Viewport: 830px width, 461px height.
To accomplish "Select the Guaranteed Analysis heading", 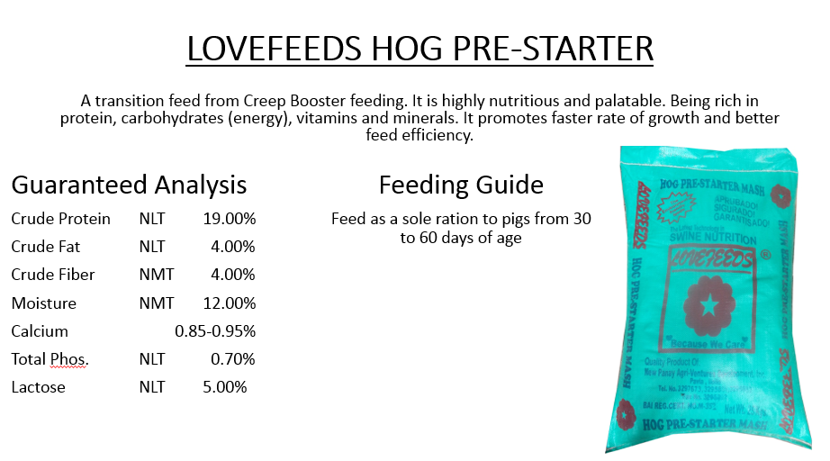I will coord(129,185).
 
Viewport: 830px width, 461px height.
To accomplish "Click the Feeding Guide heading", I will coord(461,185).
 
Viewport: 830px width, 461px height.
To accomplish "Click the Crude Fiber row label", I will coord(53,275).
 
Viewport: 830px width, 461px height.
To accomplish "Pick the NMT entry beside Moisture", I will coord(157,303).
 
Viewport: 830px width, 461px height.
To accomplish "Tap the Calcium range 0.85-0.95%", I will coord(215,331).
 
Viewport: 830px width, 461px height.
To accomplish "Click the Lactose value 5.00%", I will coord(225,387).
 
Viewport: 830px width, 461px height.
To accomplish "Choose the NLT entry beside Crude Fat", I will coord(152,247).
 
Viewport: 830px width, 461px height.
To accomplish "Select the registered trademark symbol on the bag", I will coord(764,256).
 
